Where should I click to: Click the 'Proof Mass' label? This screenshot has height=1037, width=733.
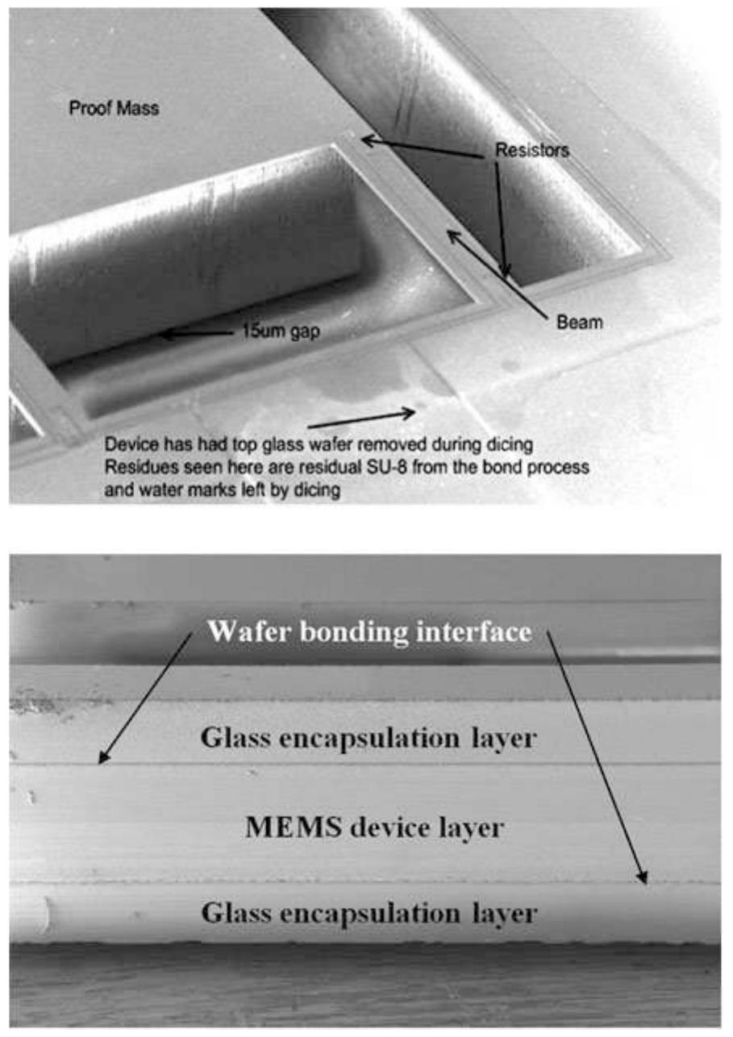click(x=114, y=108)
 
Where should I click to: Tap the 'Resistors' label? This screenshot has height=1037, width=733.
click(x=532, y=151)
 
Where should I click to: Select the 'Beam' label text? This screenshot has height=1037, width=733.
click(x=580, y=323)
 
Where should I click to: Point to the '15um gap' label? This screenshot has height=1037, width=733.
click(x=281, y=331)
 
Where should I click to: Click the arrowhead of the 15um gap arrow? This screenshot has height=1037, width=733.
click(x=164, y=334)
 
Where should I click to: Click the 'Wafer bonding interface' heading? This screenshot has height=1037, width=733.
click(x=369, y=631)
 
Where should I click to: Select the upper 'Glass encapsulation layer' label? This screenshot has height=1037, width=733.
click(x=369, y=739)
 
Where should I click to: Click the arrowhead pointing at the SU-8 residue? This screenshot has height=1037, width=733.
click(x=410, y=412)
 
